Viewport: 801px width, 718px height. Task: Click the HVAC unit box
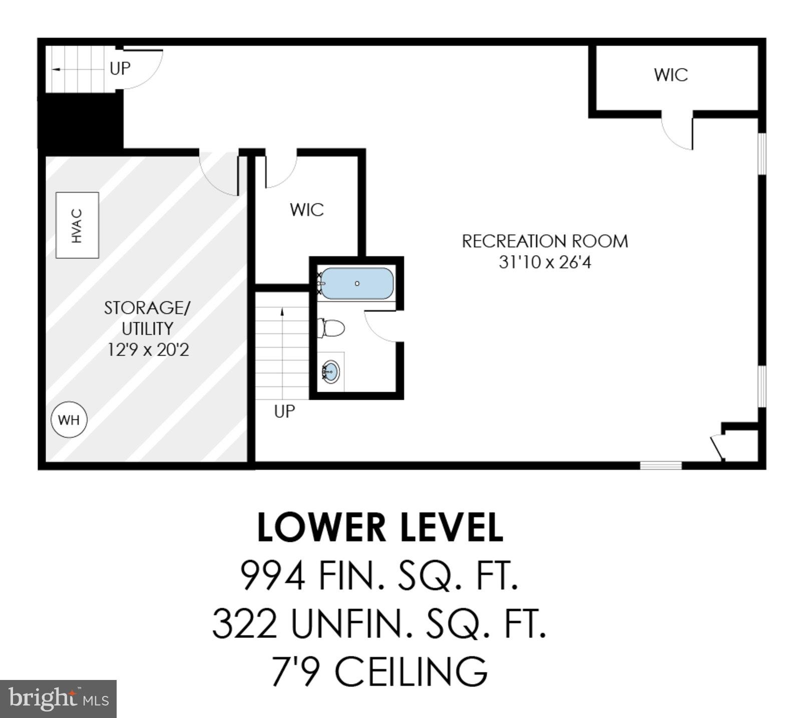[x=77, y=225]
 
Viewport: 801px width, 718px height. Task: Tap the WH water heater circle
[x=69, y=419]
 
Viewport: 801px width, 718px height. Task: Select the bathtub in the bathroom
[x=356, y=283]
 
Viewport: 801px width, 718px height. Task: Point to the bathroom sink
[x=331, y=372]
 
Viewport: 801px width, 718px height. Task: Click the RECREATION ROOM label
[x=545, y=241]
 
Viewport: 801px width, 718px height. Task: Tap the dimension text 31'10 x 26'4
[x=545, y=262]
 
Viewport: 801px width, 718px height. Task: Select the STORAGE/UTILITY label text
[x=147, y=318]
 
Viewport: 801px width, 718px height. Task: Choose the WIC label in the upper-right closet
[x=670, y=75]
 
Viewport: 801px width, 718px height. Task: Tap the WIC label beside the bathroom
[x=306, y=210]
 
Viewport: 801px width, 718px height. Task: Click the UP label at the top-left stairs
[x=120, y=69]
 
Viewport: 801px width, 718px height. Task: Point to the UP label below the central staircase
[x=284, y=411]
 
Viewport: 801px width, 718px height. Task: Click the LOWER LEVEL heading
[x=380, y=528]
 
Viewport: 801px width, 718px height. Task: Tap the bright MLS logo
[x=58, y=699]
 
